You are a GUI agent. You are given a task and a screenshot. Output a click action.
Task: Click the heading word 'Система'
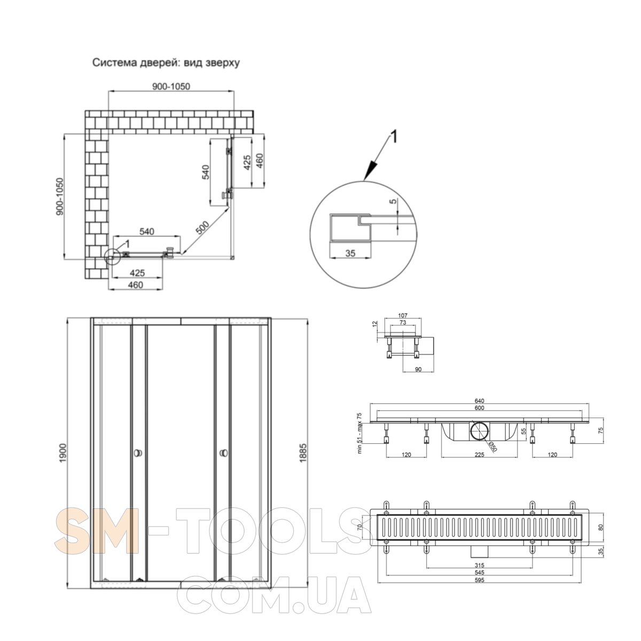coord(110,62)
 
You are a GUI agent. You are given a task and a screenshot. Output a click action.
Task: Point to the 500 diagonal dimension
coord(203,229)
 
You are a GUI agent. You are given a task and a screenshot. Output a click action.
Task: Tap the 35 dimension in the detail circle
coord(350,254)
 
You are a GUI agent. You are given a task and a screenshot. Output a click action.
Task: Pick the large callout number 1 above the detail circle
coord(394,137)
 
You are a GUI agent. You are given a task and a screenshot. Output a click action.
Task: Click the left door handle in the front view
coord(138,454)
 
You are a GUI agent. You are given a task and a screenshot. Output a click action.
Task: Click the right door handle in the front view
coord(222,454)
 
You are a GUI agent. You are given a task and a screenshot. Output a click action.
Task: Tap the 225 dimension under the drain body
coord(479,455)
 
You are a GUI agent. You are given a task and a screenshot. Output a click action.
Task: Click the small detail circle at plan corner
coord(112,257)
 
